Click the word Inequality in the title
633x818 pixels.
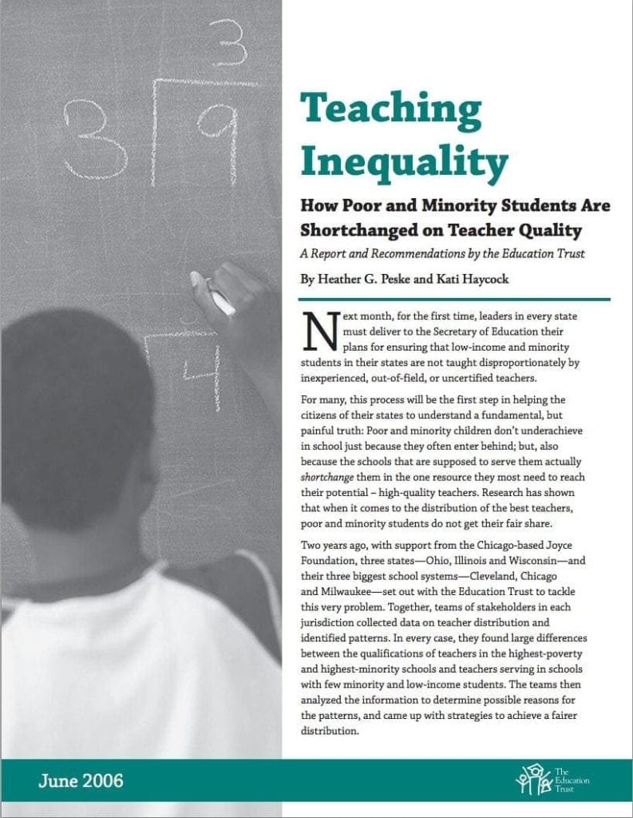[x=404, y=162]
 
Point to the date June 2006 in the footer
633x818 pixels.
[x=81, y=780]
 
